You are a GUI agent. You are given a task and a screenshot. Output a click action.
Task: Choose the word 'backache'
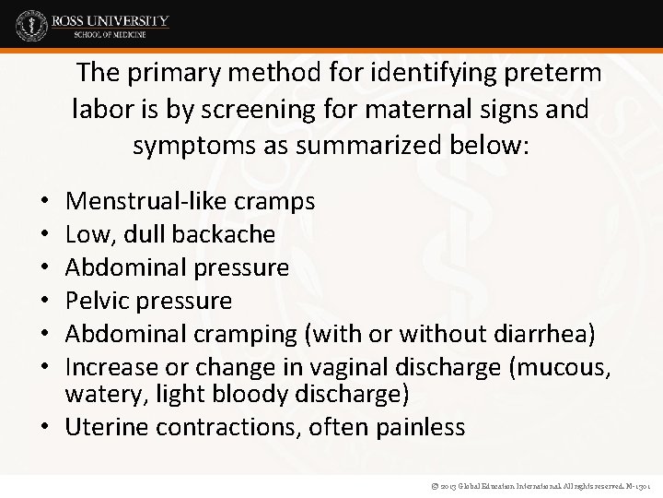232,233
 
